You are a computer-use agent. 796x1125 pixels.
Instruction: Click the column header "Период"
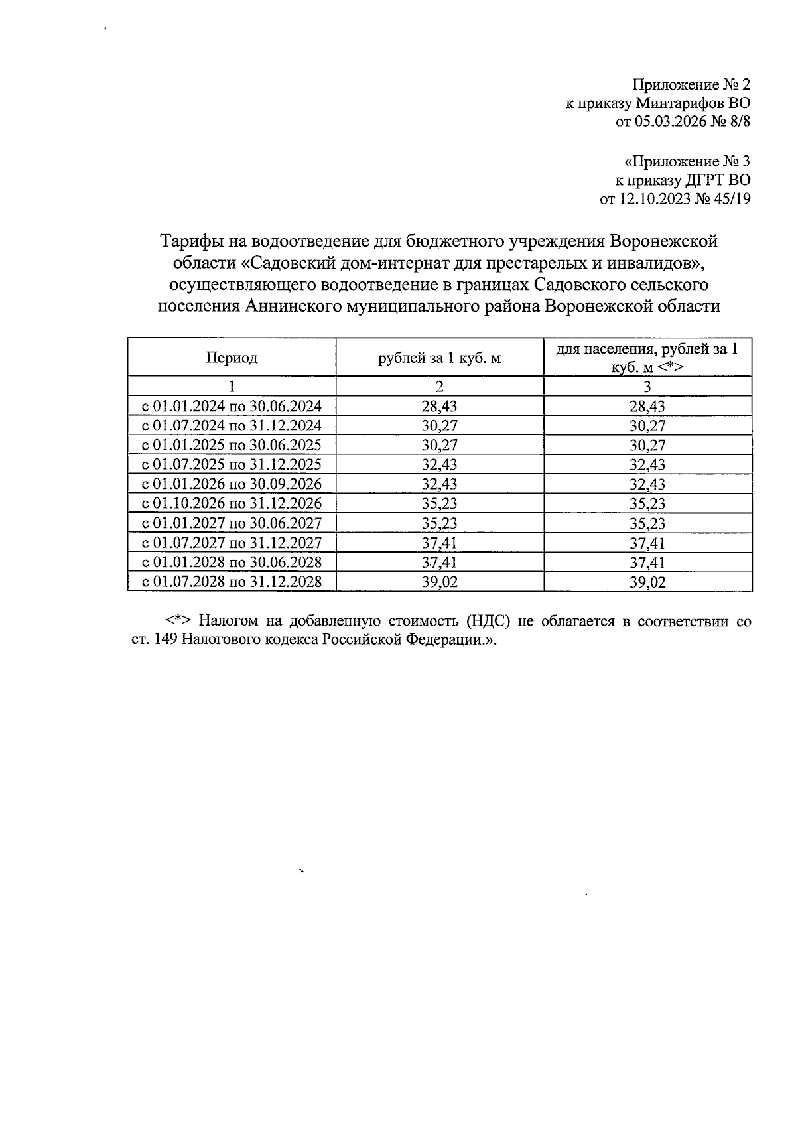pos(232,358)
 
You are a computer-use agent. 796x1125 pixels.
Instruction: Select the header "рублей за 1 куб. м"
pos(439,358)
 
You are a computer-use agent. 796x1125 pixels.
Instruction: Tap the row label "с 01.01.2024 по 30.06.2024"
pos(232,406)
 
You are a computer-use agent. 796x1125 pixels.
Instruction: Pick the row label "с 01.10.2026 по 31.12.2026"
pos(232,503)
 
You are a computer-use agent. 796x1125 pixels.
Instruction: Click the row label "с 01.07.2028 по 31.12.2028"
pos(232,582)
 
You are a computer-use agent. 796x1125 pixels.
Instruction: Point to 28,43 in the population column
pos(647,406)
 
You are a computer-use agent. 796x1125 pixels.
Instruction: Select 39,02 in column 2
pos(439,582)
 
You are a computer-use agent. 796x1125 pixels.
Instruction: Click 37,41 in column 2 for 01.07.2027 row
pos(439,543)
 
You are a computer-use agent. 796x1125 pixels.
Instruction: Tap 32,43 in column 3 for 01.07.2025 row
pos(647,464)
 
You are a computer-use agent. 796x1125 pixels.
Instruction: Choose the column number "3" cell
pos(647,387)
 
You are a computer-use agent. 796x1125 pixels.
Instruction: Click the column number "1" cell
pos(232,387)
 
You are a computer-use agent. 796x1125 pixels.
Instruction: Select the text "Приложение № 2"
pos(691,85)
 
